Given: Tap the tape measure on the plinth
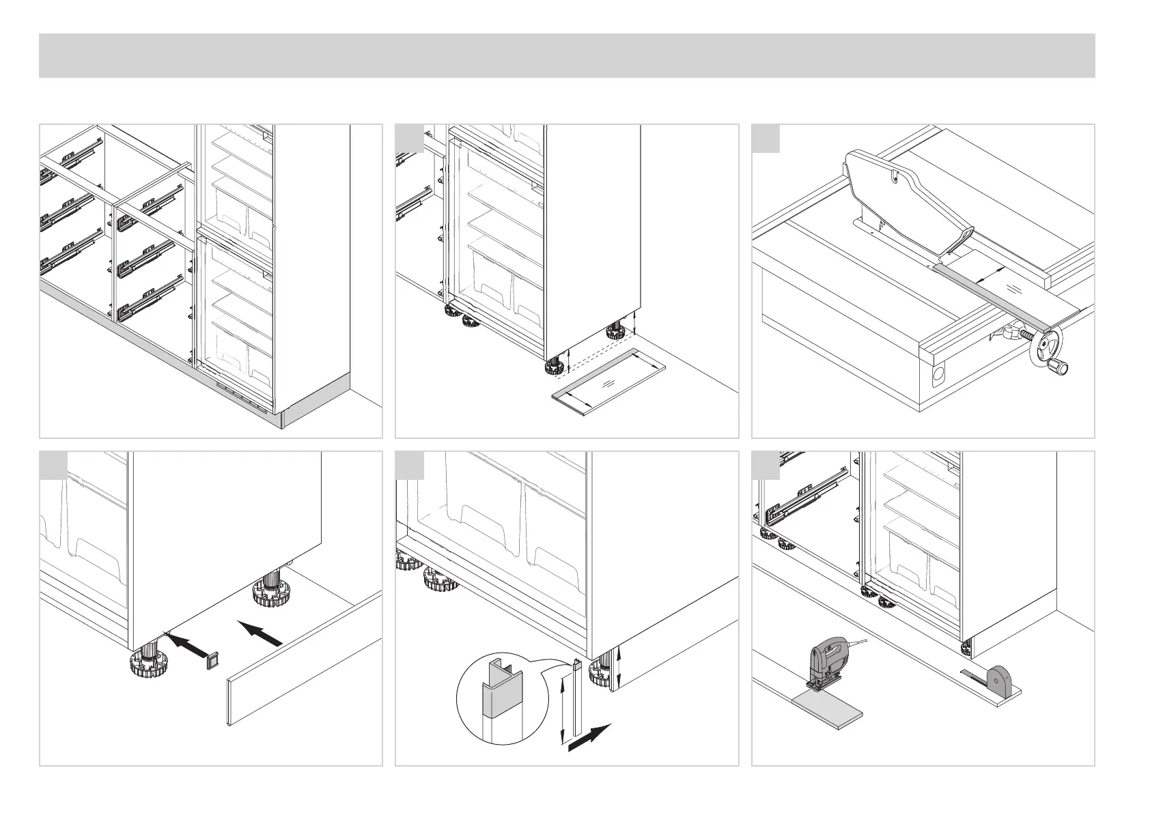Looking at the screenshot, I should [999, 681].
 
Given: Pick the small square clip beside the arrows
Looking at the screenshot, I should [214, 659].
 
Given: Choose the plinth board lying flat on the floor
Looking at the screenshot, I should [607, 382].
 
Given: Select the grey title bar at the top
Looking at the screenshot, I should [567, 55].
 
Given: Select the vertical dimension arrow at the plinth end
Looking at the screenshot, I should [618, 668].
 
